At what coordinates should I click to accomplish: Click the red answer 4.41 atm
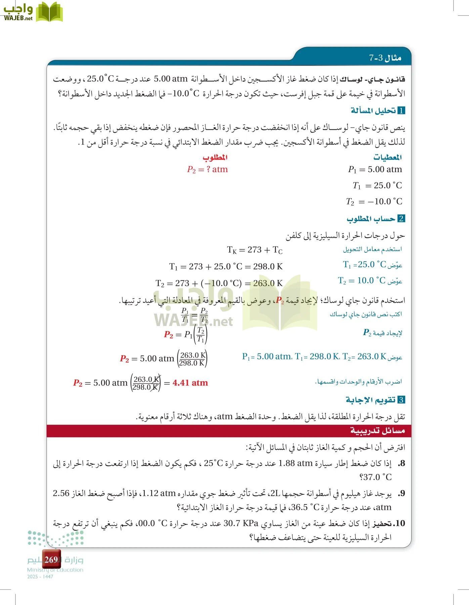(190, 383)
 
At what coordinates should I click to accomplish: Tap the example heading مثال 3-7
(385, 58)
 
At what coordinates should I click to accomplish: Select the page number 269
(51, 560)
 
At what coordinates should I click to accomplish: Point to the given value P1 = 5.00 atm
(375, 169)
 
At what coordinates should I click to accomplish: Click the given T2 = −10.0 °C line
(374, 202)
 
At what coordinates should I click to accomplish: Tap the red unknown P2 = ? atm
(207, 169)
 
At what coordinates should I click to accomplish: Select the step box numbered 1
(401, 111)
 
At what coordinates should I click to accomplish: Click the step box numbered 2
(401, 219)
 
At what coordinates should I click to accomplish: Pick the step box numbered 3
(401, 400)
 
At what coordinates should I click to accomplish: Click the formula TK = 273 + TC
(255, 250)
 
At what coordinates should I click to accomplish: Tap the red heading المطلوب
(215, 157)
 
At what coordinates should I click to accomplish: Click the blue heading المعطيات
(387, 157)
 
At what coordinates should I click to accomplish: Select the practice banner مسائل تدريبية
(377, 431)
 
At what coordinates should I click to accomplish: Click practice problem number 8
(401, 463)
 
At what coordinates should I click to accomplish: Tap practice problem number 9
(401, 494)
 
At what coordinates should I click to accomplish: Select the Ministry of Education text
(55, 570)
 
